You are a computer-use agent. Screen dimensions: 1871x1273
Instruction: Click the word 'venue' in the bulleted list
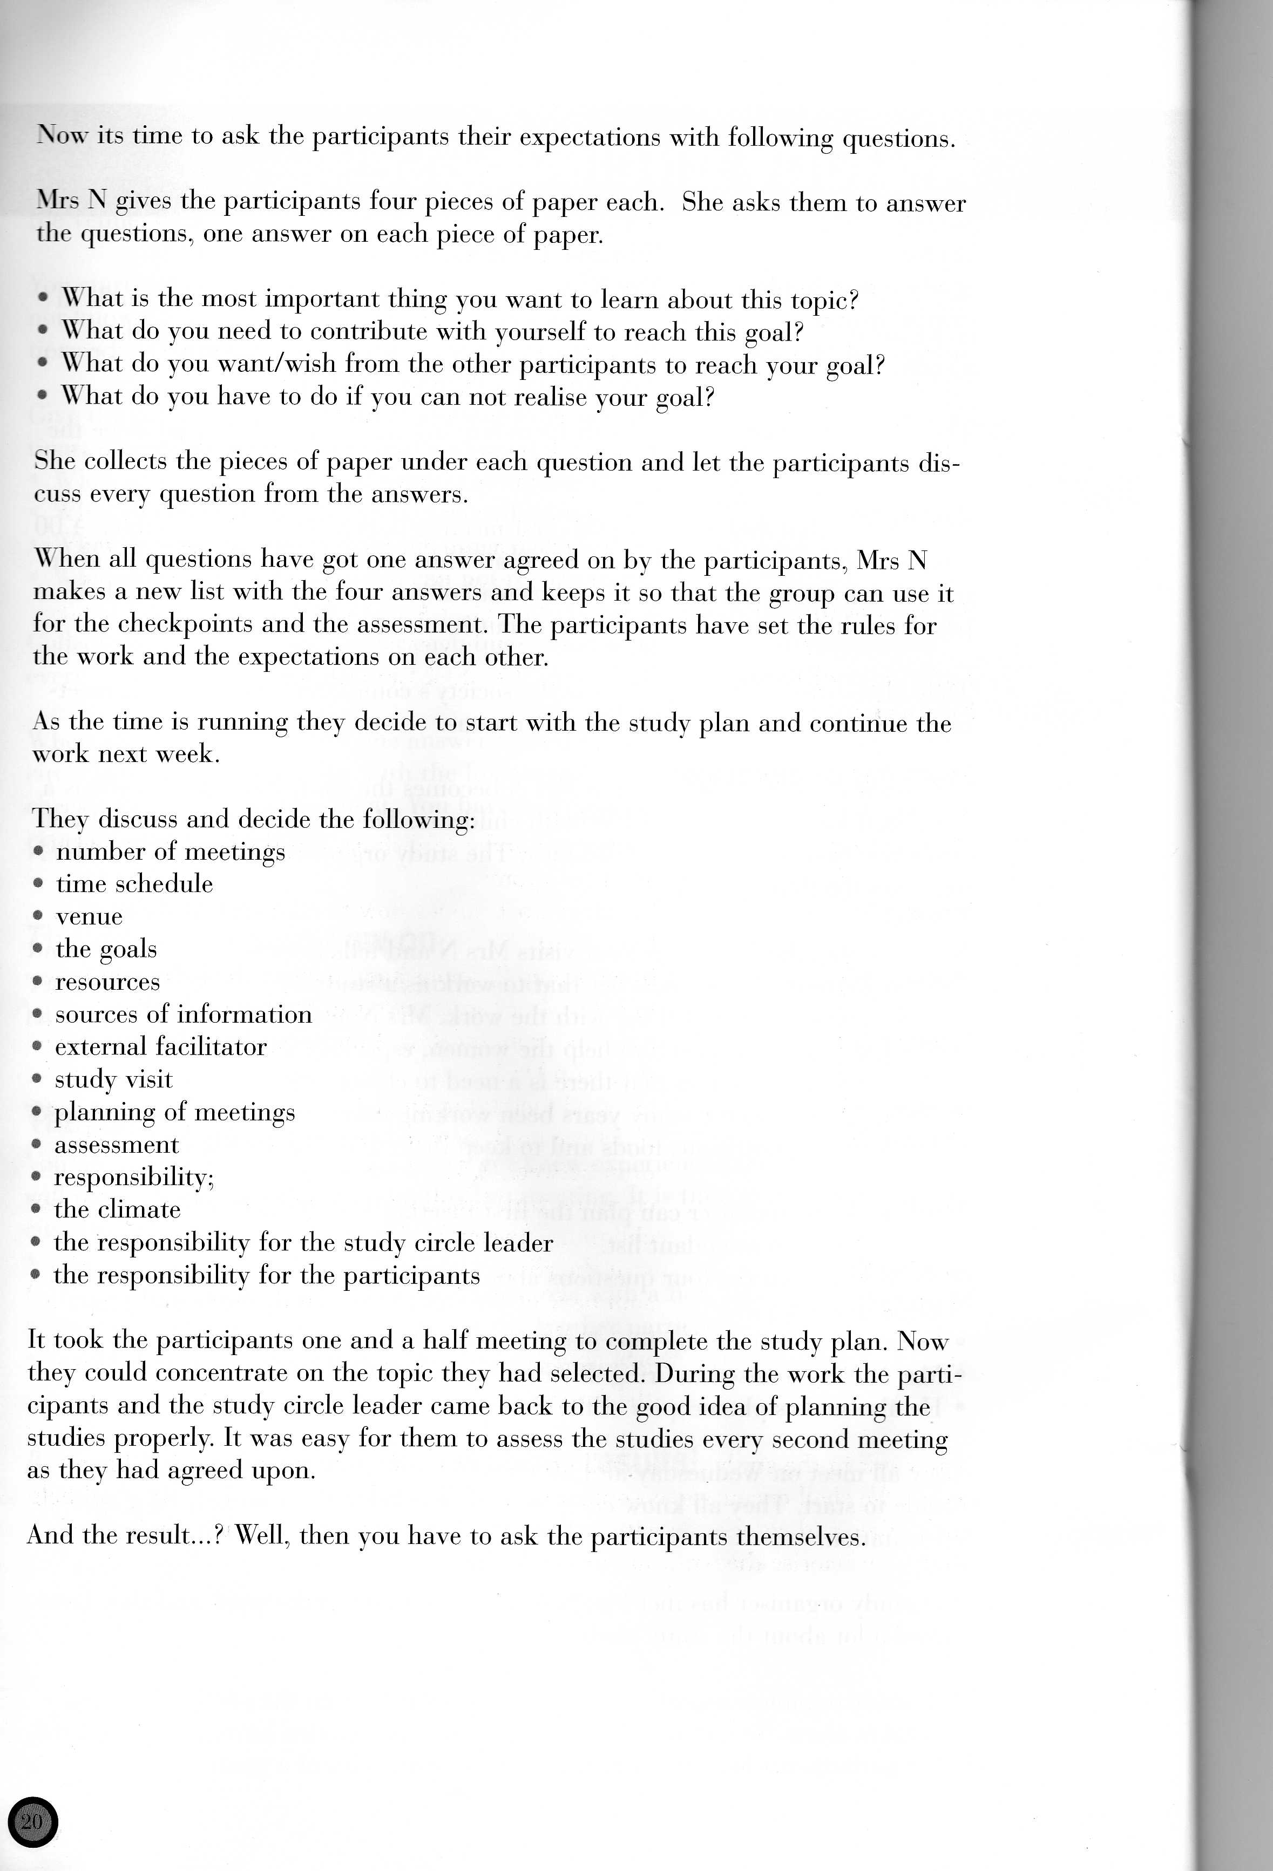point(89,917)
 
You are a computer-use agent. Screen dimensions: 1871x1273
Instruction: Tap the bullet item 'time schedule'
point(134,884)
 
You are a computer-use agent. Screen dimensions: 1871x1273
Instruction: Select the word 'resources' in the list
point(107,982)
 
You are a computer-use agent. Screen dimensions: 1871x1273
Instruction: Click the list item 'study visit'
point(113,1080)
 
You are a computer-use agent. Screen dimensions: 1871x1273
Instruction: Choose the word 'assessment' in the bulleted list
point(117,1145)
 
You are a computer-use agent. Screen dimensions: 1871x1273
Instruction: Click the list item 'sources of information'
point(183,1015)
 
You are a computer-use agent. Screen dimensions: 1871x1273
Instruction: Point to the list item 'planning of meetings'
point(174,1113)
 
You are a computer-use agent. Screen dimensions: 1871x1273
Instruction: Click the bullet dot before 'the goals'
point(38,949)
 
